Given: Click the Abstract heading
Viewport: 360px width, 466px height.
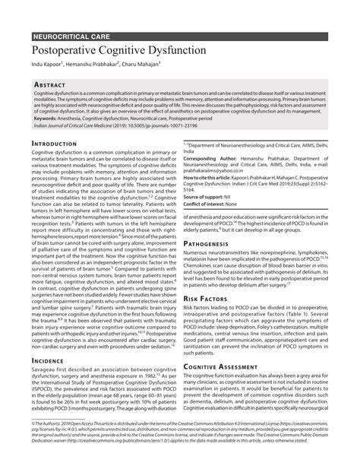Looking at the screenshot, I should pos(52,84).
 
